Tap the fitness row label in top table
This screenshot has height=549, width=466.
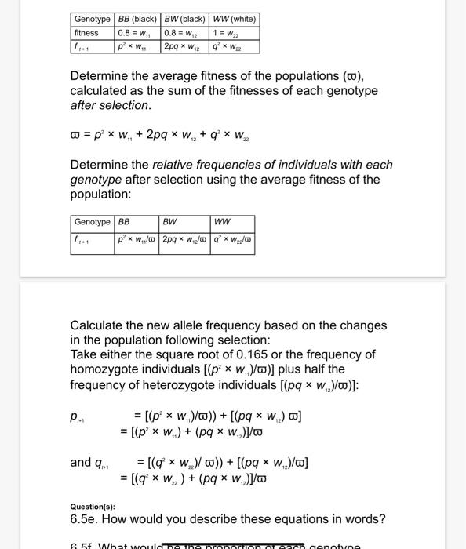pyautogui.click(x=86, y=33)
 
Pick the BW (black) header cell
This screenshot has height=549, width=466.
pyautogui.click(x=184, y=19)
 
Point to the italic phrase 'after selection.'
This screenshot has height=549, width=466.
pyautogui.click(x=110, y=105)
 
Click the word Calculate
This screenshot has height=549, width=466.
pyautogui.click(x=99, y=325)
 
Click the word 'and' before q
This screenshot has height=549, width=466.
pyautogui.click(x=81, y=462)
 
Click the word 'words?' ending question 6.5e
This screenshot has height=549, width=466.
pyautogui.click(x=365, y=519)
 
